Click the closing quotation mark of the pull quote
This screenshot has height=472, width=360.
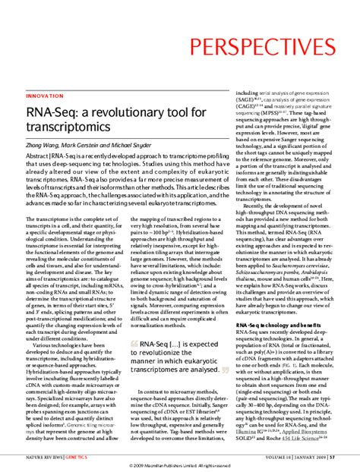[224, 370]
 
